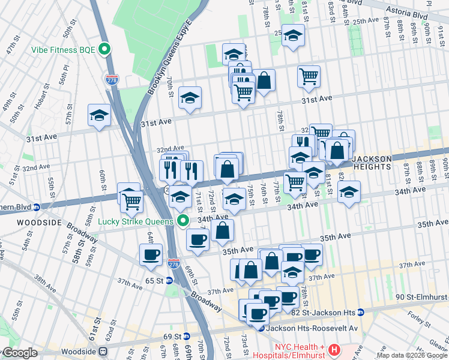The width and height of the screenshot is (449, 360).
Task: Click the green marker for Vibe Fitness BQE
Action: [x=106, y=50]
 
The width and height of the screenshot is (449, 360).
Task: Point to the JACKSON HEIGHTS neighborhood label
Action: [x=372, y=163]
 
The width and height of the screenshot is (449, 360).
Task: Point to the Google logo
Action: [x=19, y=353]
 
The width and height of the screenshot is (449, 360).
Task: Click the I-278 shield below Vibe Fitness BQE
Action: [x=112, y=79]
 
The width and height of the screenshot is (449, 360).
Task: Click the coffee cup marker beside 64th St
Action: [x=151, y=256]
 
